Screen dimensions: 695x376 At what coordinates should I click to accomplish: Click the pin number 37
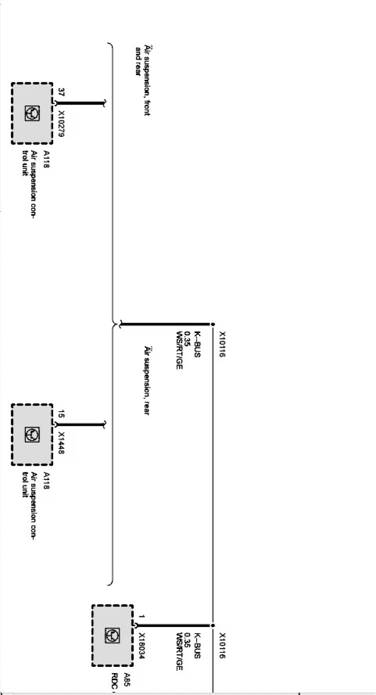61,92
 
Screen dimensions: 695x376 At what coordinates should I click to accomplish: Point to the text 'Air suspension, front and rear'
143,80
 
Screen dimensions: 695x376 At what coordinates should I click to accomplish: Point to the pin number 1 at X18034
141,617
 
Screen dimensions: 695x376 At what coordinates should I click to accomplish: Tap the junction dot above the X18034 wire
212,625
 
